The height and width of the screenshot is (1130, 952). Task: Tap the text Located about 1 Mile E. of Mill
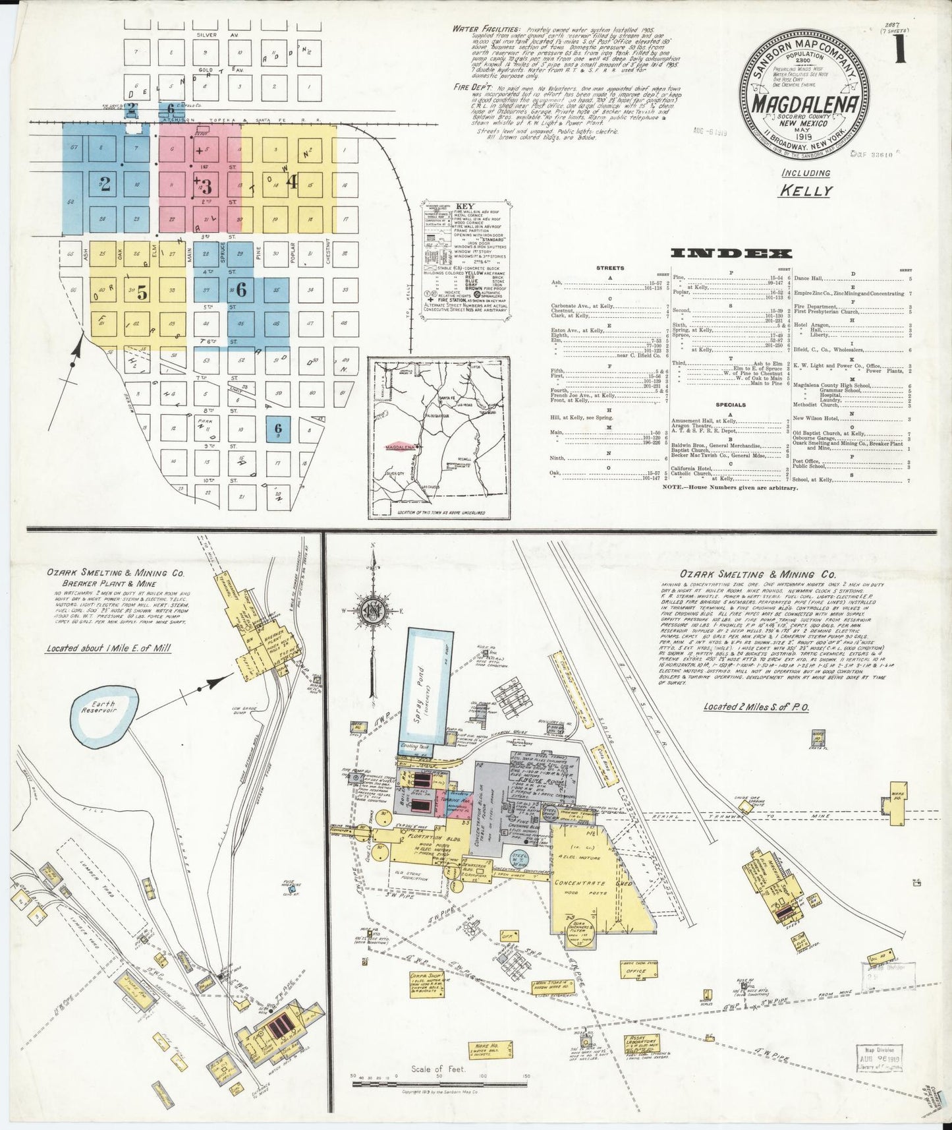coord(108,648)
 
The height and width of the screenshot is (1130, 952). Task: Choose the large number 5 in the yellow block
coord(142,294)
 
